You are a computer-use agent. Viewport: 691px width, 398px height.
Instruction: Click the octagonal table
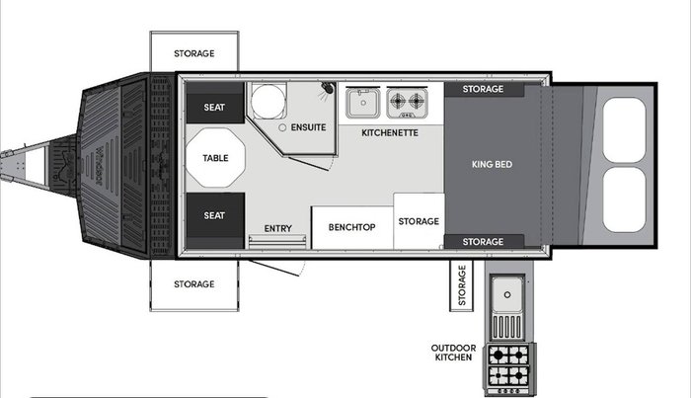[215, 157]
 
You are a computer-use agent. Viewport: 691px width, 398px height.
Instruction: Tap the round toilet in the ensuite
[268, 101]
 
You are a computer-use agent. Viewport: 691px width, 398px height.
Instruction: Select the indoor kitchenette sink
[362, 103]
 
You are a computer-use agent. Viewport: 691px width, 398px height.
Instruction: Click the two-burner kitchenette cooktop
[407, 103]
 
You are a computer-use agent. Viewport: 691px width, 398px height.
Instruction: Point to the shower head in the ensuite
[328, 87]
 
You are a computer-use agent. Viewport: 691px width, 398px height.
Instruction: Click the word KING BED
[492, 164]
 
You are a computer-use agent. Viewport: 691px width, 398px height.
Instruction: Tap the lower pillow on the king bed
[624, 199]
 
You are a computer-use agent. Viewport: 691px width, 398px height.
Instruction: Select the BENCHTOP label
[351, 227]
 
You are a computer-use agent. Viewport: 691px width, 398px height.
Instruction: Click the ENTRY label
[278, 228]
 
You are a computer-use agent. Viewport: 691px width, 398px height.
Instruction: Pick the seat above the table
[215, 103]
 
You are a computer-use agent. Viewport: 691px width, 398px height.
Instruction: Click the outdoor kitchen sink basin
[507, 295]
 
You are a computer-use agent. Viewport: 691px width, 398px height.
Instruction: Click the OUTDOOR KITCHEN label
[453, 353]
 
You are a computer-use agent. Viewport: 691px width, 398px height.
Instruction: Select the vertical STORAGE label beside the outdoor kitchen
[462, 285]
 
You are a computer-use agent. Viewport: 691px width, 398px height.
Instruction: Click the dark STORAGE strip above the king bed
[484, 89]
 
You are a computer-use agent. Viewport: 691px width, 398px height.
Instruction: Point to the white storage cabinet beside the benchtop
[419, 221]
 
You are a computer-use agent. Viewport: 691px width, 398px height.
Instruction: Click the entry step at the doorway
[277, 242]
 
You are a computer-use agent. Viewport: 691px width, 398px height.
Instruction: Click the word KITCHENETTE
[390, 132]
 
